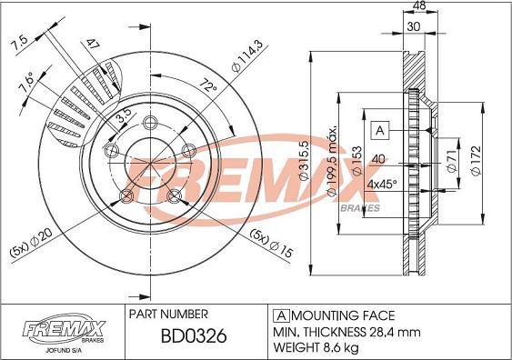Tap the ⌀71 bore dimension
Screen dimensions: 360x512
click(x=452, y=161)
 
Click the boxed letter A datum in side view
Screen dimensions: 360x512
click(x=382, y=131)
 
